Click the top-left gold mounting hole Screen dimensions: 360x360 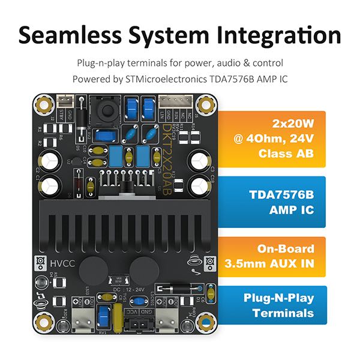point(43,104)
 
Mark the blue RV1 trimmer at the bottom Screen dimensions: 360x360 point(103,314)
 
